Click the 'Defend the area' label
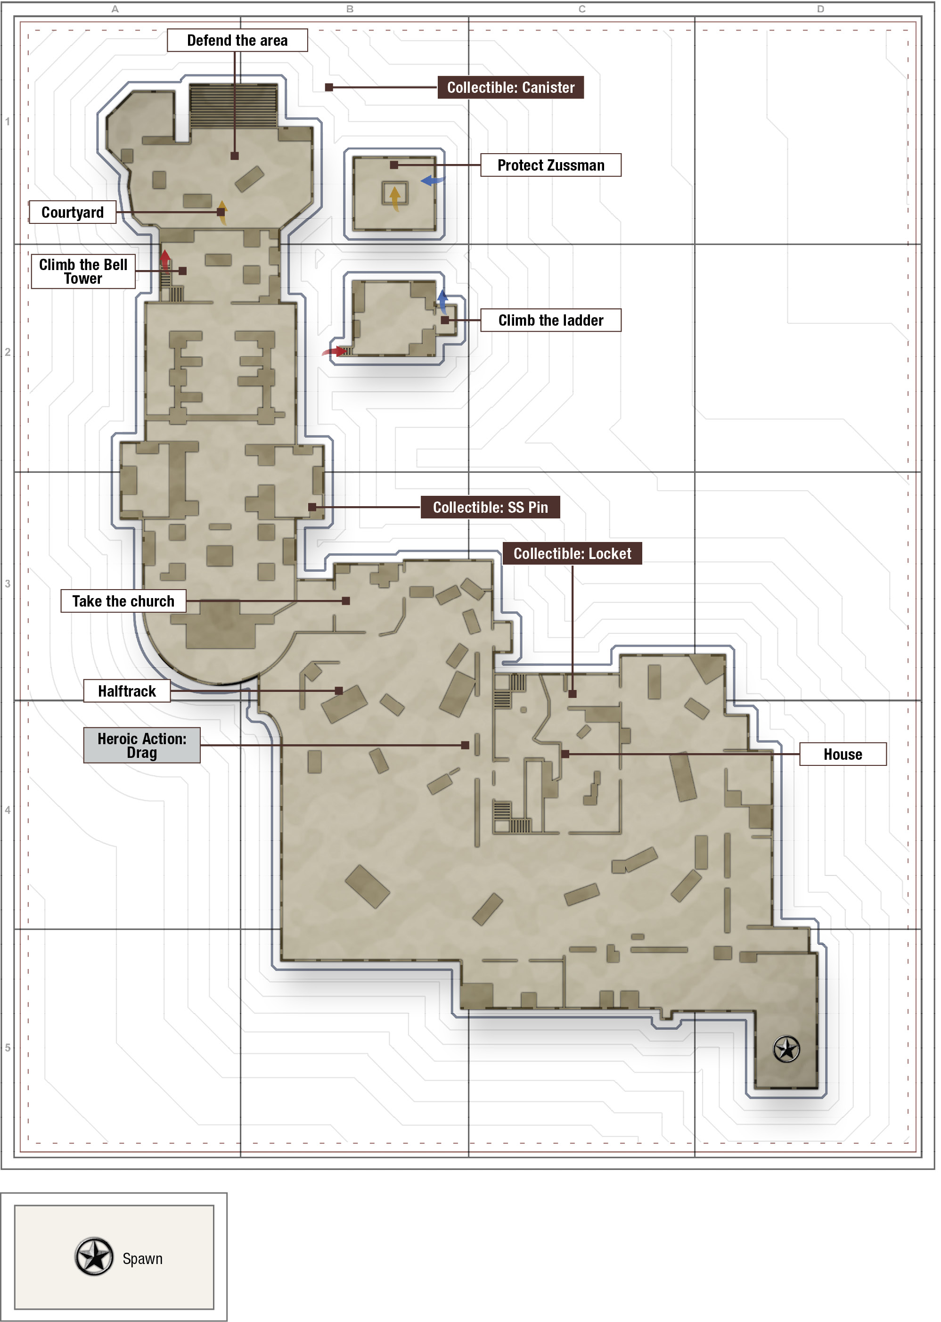[237, 41]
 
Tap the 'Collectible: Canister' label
[510, 88]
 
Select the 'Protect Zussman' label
[550, 165]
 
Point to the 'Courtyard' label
[73, 212]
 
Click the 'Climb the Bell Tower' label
[83, 271]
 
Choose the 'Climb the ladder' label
[550, 320]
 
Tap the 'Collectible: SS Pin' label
[490, 507]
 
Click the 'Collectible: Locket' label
[572, 553]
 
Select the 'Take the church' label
[123, 601]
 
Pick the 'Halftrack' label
[127, 691]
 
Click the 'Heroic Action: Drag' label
[142, 745]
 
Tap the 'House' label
[843, 754]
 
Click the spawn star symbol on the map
[786, 1049]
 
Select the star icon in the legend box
[94, 1257]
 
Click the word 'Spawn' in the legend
[143, 1258]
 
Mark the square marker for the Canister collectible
[329, 88]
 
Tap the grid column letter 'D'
[820, 8]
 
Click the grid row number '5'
[8, 1047]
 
